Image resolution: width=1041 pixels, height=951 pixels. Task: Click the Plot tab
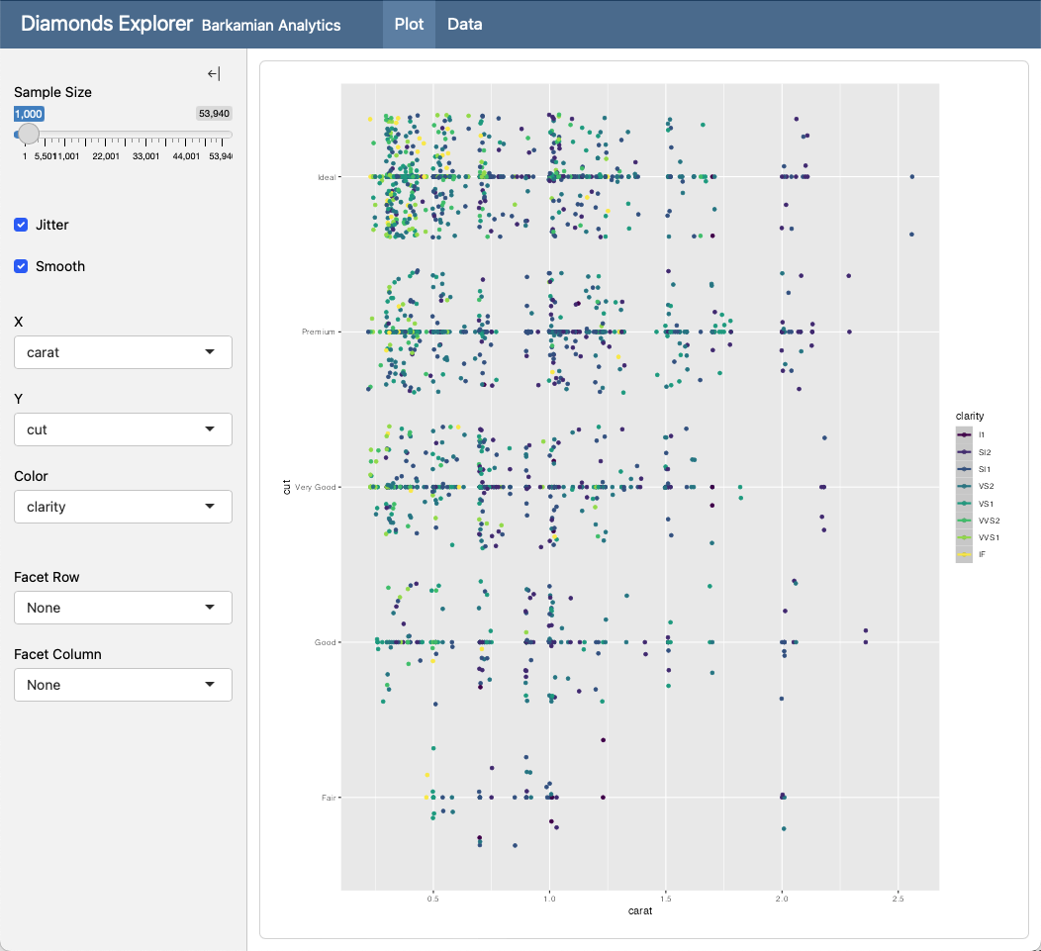coord(409,24)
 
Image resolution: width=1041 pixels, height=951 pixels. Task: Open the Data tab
coord(464,24)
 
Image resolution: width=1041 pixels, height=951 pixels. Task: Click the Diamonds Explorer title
coord(106,24)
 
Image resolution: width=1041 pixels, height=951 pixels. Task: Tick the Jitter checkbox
coord(21,225)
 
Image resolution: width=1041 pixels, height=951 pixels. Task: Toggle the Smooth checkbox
coord(21,266)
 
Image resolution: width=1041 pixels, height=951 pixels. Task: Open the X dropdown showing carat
coord(123,352)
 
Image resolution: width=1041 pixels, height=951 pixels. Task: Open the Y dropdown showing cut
coord(123,429)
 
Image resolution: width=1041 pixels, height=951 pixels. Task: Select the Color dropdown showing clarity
coord(123,507)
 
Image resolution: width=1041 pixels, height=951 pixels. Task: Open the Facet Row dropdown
coord(123,608)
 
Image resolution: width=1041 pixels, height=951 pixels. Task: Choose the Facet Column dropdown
coord(123,685)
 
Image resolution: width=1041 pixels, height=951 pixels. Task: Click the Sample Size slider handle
coord(29,134)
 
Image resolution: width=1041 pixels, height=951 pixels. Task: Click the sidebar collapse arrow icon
coord(214,74)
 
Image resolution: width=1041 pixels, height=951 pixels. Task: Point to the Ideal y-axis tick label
coord(326,178)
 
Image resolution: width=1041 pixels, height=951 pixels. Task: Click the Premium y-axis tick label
coord(319,333)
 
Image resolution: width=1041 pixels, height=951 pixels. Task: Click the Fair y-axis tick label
coord(329,798)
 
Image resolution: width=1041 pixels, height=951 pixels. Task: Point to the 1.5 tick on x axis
coord(665,900)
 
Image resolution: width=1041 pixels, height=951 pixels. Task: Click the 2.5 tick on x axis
coord(898,900)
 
